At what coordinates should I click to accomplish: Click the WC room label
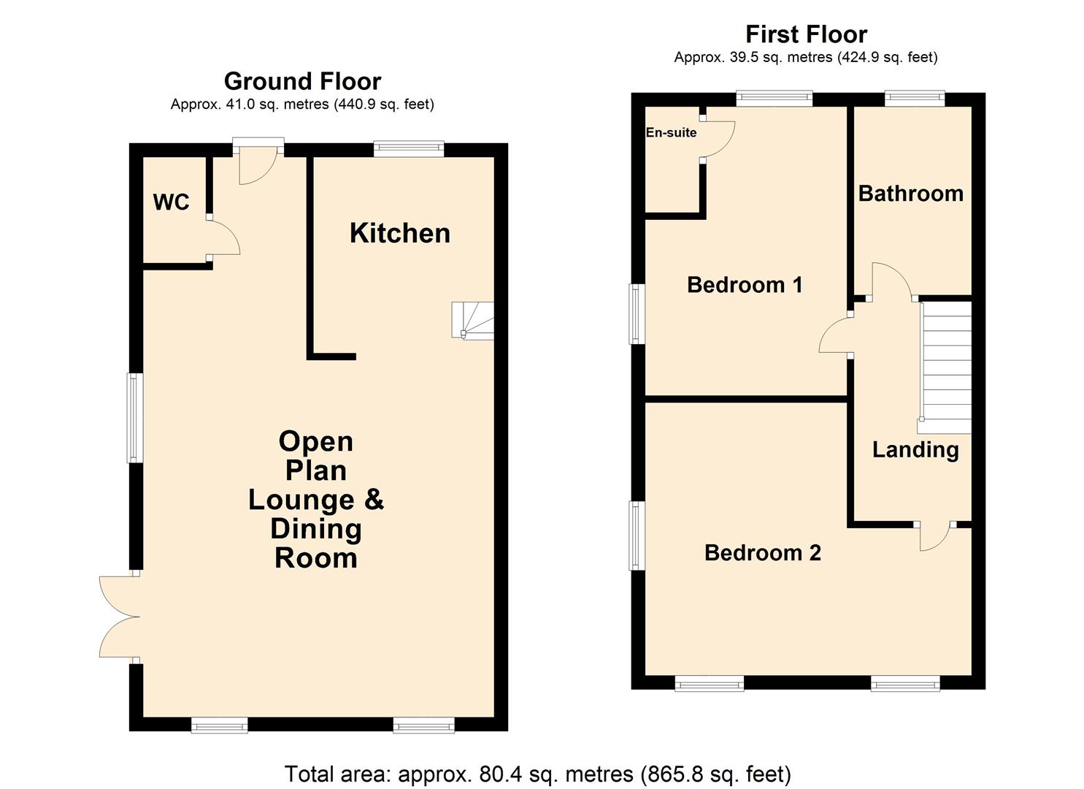tap(171, 202)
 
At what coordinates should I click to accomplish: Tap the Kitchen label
tap(399, 233)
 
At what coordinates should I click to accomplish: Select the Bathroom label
tap(910, 194)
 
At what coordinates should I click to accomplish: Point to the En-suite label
tap(671, 133)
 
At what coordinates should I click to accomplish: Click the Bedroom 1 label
tap(745, 284)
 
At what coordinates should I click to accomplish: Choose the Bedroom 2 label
tap(762, 553)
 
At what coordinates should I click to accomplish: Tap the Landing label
tap(915, 449)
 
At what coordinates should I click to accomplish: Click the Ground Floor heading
tap(302, 81)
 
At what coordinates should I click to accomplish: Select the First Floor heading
tap(806, 34)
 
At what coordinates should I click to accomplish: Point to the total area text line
tap(537, 774)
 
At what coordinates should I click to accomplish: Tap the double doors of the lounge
tap(118, 617)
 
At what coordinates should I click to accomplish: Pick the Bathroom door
tap(890, 281)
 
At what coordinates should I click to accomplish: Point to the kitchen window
tap(409, 149)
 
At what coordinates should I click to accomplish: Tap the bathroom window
tap(915, 99)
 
